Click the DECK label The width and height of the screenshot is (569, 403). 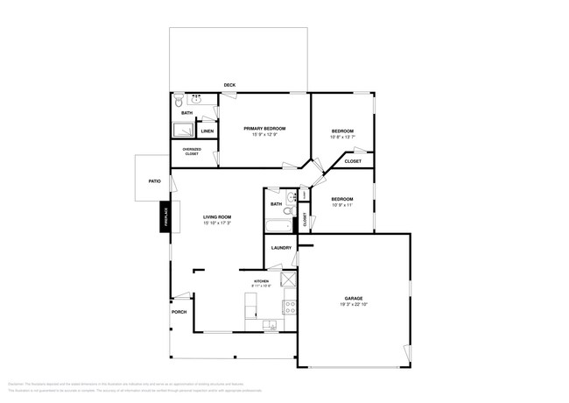(229, 85)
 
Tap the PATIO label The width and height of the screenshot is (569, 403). (154, 181)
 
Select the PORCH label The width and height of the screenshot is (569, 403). (179, 312)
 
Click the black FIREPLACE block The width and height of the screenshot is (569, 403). (165, 217)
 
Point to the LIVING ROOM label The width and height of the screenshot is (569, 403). (217, 216)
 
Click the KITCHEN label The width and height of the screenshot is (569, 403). (262, 280)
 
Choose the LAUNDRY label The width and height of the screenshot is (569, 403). (281, 248)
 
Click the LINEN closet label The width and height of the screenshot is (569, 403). (207, 131)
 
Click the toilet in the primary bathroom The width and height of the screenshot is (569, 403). (179, 101)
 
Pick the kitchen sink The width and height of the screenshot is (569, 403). (270, 326)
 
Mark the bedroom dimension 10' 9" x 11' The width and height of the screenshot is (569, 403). (341, 205)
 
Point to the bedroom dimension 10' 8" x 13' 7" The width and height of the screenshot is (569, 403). (341, 136)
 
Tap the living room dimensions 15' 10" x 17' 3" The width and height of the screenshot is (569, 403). (217, 223)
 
